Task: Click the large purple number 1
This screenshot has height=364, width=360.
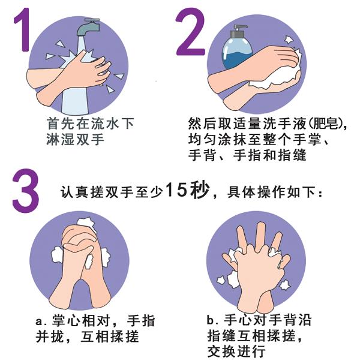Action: click(23, 29)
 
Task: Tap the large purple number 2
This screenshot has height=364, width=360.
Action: click(190, 32)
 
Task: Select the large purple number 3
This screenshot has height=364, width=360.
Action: click(25, 191)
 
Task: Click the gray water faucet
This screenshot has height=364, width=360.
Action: click(88, 27)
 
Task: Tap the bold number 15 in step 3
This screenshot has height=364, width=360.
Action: click(176, 190)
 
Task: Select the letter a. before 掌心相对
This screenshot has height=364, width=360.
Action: click(41, 321)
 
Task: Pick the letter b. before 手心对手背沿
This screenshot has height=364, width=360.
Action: click(213, 320)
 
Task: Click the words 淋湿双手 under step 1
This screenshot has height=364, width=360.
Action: click(75, 140)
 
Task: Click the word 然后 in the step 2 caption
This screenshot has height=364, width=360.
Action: click(202, 124)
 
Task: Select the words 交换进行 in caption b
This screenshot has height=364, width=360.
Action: click(236, 351)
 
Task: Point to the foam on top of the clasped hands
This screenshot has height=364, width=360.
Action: click(86, 223)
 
